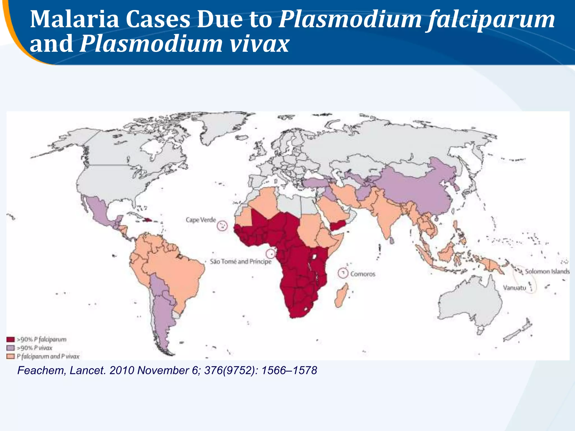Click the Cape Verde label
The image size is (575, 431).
click(201, 220)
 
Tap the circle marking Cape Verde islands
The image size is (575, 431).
click(222, 226)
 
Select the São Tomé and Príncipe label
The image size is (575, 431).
click(241, 262)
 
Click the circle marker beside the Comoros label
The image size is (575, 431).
click(343, 273)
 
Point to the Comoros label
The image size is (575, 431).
click(362, 274)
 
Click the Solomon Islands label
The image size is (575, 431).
click(547, 271)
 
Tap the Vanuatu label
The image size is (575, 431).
click(514, 288)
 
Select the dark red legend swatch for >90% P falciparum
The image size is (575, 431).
click(10, 340)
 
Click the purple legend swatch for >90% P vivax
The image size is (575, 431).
click(10, 348)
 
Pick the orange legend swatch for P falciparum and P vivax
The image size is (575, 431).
click(10, 356)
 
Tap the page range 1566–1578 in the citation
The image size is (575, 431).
click(289, 371)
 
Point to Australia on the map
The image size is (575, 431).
click(472, 303)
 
